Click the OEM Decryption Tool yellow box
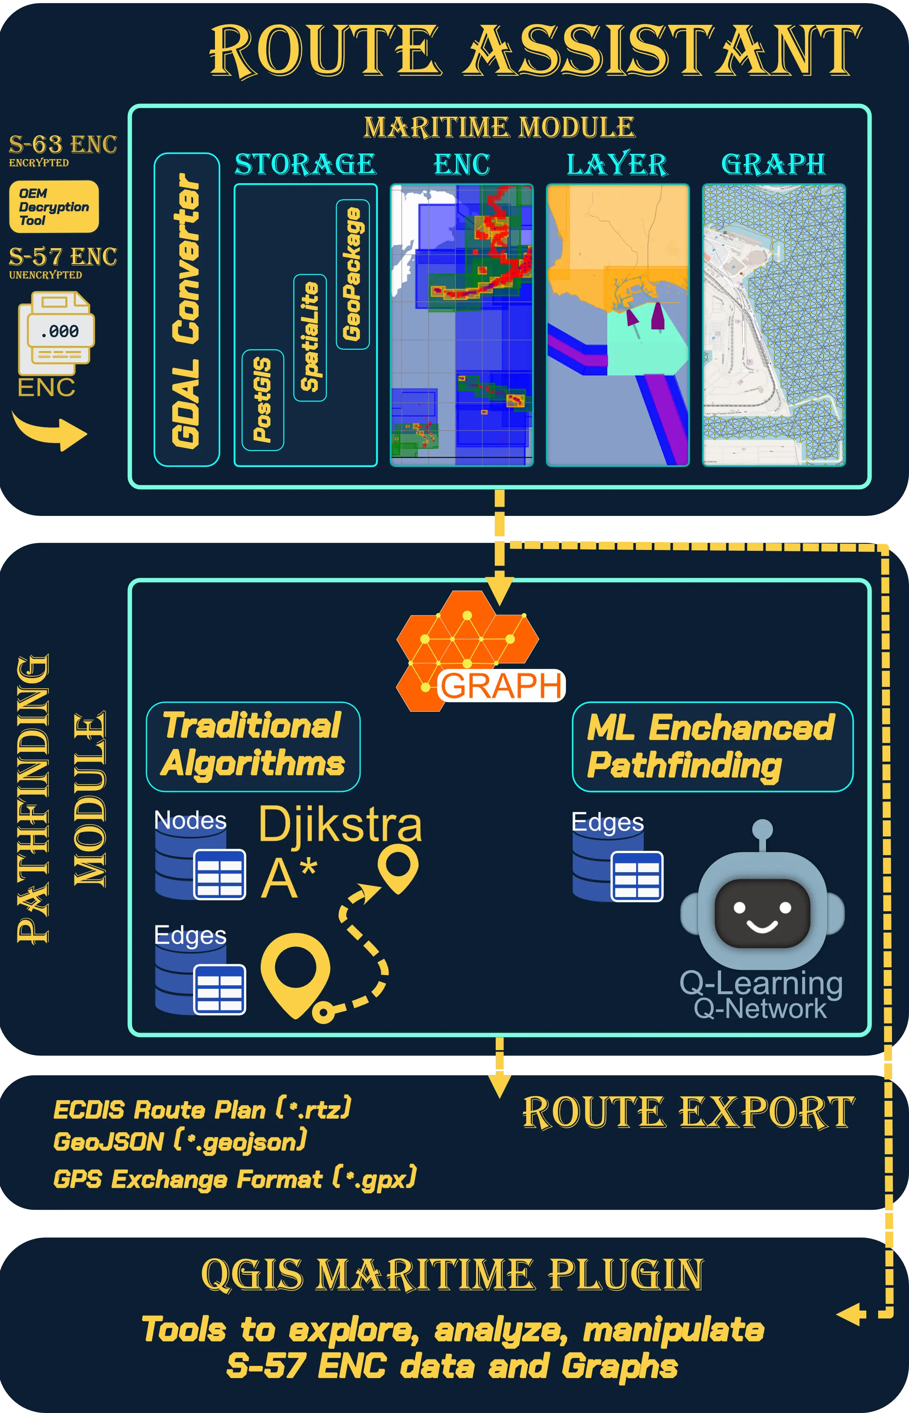pos(54,207)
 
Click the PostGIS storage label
pos(262,400)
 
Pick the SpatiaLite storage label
pos(310,338)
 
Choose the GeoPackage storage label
pos(352,275)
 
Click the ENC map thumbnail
pos(462,325)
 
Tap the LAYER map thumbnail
pos(617,325)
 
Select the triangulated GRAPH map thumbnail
pos(774,325)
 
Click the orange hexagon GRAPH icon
pos(466,649)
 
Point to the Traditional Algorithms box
pos(253,746)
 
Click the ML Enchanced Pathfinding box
pos(712,746)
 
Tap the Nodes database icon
pos(200,863)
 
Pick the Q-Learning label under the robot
pos(761,983)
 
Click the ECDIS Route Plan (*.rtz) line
pos(202,1110)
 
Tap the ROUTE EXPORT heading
pos(688,1113)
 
